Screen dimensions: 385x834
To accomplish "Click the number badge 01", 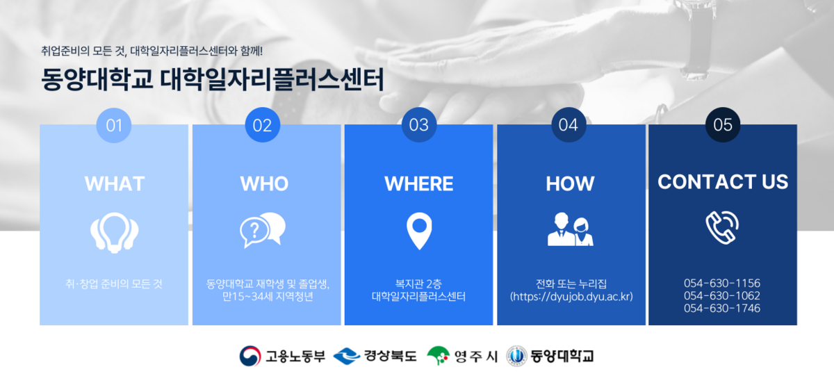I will coord(114,125).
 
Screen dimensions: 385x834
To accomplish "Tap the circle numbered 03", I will coord(418,125).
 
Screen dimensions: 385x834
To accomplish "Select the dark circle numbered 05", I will coord(723,125).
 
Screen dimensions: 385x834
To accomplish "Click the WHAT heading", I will coord(114,183).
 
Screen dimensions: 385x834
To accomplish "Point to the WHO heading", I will coord(264,183).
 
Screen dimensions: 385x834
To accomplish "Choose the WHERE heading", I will coord(418,183).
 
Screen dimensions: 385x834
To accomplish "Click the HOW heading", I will coord(570,183).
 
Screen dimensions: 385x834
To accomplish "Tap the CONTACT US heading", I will coord(723,182).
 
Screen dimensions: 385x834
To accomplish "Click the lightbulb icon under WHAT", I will coord(114,232).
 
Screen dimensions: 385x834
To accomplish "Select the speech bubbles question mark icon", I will coord(263,229).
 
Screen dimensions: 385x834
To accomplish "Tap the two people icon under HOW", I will coord(570,229).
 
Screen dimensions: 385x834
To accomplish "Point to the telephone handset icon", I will coord(722,225).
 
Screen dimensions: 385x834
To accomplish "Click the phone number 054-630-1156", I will coord(722,284).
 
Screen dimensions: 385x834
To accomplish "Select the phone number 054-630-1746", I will coord(722,308).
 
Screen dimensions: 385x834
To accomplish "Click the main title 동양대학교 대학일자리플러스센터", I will coord(212,79).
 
